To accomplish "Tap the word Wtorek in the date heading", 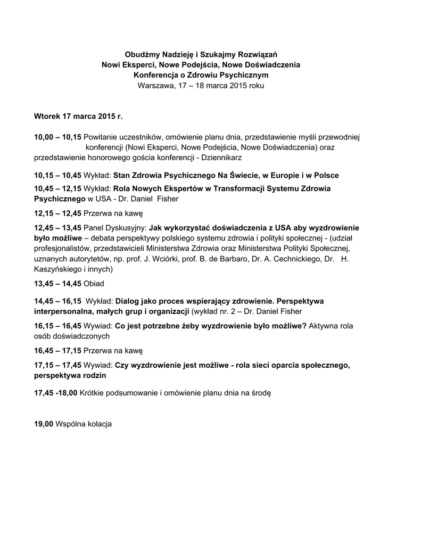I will point(46,115).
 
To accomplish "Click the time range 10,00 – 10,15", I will point(57,137).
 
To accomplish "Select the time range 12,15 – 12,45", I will point(57,213).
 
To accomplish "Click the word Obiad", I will point(94,283).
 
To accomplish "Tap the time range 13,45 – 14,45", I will point(57,283).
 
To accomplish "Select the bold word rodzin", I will point(94,375).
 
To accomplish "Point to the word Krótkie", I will point(94,393).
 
